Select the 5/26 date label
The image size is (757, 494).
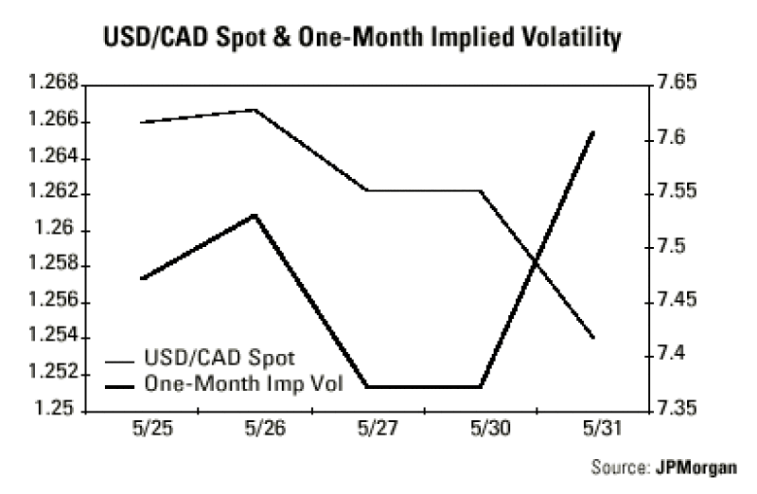click(x=255, y=428)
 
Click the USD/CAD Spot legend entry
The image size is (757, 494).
click(x=219, y=359)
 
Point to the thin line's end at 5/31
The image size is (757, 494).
click(x=592, y=337)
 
